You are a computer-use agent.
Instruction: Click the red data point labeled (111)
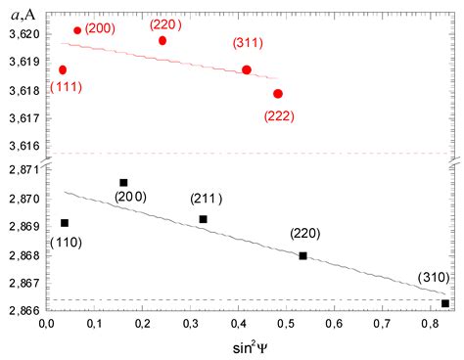63,69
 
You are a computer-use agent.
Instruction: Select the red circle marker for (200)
77,30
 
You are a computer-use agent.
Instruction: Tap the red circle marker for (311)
247,69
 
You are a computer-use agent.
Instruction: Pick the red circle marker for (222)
278,94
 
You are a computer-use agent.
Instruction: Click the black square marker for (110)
65,223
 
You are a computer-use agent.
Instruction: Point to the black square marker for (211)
203,219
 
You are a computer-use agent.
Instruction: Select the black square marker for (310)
445,303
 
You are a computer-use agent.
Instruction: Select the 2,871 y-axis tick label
21,170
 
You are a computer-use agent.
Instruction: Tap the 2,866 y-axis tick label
21,310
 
